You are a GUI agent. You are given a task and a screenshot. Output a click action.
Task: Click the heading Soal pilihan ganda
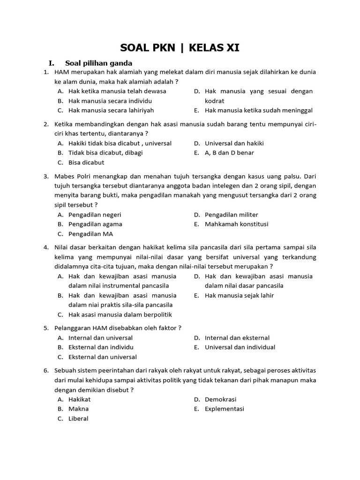pyautogui.click(x=98, y=63)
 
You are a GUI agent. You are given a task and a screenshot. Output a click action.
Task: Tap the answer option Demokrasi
pyautogui.click(x=220, y=399)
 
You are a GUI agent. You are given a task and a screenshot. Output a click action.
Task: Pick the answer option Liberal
pyautogui.click(x=78, y=419)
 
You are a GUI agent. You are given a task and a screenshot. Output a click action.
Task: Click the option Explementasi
pyautogui.click(x=224, y=409)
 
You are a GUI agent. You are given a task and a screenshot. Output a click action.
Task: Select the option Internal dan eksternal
pyautogui.click(x=237, y=337)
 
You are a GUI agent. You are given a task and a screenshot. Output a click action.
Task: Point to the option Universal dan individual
pyautogui.click(x=240, y=347)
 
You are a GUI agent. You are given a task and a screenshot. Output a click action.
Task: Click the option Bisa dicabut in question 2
pyautogui.click(x=86, y=163)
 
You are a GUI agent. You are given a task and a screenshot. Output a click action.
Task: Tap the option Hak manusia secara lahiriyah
pyautogui.click(x=111, y=111)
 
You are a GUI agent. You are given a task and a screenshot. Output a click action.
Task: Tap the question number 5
pyautogui.click(x=46, y=328)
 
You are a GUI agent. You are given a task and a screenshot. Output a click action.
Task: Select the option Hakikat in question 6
pyautogui.click(x=79, y=399)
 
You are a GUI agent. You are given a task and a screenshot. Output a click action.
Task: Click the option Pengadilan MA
pyautogui.click(x=90, y=234)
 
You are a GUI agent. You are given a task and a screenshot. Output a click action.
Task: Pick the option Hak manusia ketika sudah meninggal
pyautogui.click(x=258, y=111)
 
